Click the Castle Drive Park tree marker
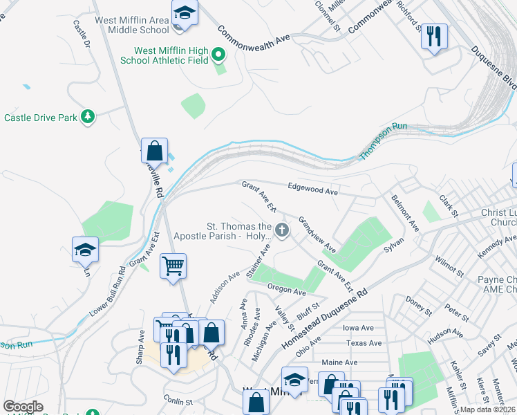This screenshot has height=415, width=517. coord(88,117)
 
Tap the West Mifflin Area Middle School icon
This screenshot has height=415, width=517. coord(185,14)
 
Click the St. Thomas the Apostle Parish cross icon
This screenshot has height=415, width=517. coord(281,230)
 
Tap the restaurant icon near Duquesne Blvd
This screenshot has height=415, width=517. coord(434,36)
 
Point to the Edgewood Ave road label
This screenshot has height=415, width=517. coord(312,188)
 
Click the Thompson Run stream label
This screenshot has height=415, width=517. coord(384,141)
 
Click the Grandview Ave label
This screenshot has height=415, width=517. coord(317,234)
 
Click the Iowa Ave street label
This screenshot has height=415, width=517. coord(358,328)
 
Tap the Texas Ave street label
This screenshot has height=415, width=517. coord(364,343)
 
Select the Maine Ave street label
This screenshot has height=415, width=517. coord(339,362)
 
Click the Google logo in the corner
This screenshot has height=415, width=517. coord(23,407)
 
